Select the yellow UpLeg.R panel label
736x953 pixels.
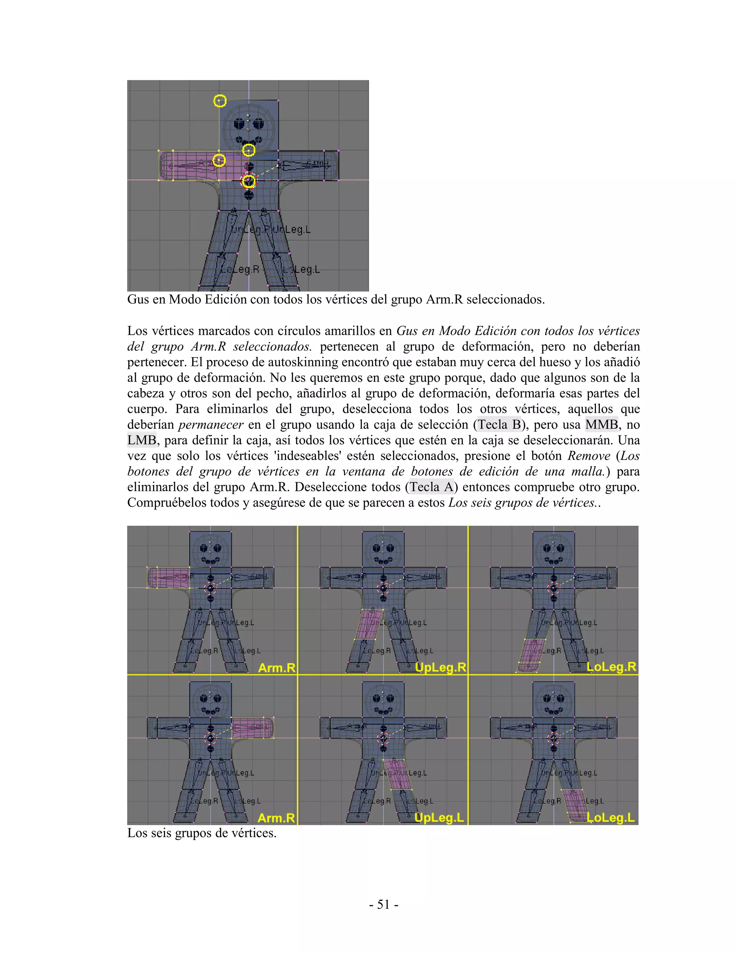440,667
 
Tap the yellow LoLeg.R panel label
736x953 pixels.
611,667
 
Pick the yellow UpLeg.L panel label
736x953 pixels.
439,817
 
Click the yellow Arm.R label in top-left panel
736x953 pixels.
276,667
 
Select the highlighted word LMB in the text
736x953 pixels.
142,440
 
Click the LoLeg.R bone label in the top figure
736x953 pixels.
239,269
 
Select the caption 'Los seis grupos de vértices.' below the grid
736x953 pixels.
202,833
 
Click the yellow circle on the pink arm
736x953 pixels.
219,161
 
